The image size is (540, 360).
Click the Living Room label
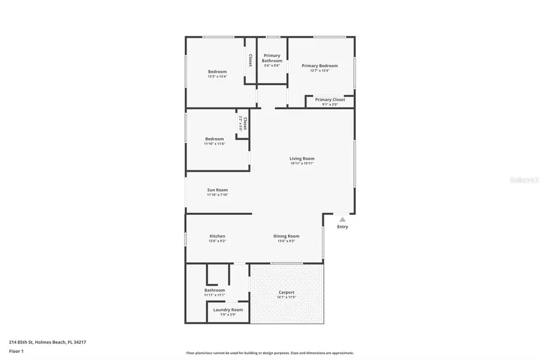pyautogui.click(x=302, y=158)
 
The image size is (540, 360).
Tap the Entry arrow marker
pyautogui.click(x=343, y=220)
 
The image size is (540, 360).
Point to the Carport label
pyautogui.click(x=286, y=292)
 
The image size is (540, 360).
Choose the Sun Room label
pyautogui.click(x=217, y=190)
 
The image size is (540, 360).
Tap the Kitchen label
pyautogui.click(x=217, y=236)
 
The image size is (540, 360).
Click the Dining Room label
pyautogui.click(x=286, y=236)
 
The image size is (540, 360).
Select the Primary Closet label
pyautogui.click(x=330, y=100)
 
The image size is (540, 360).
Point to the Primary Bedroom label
pyautogui.click(x=320, y=66)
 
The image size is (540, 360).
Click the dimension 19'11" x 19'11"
pyautogui.click(x=302, y=163)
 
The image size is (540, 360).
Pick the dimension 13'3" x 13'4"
pyautogui.click(x=217, y=76)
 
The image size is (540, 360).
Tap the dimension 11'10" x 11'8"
pyautogui.click(x=214, y=144)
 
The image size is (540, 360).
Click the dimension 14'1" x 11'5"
pyautogui.click(x=286, y=297)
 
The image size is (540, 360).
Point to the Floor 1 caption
pyautogui.click(x=16, y=351)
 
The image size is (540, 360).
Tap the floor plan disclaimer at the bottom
pyautogui.click(x=270, y=353)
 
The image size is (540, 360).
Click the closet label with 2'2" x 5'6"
pyautogui.click(x=243, y=124)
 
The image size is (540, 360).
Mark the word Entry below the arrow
pyautogui.click(x=343, y=227)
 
